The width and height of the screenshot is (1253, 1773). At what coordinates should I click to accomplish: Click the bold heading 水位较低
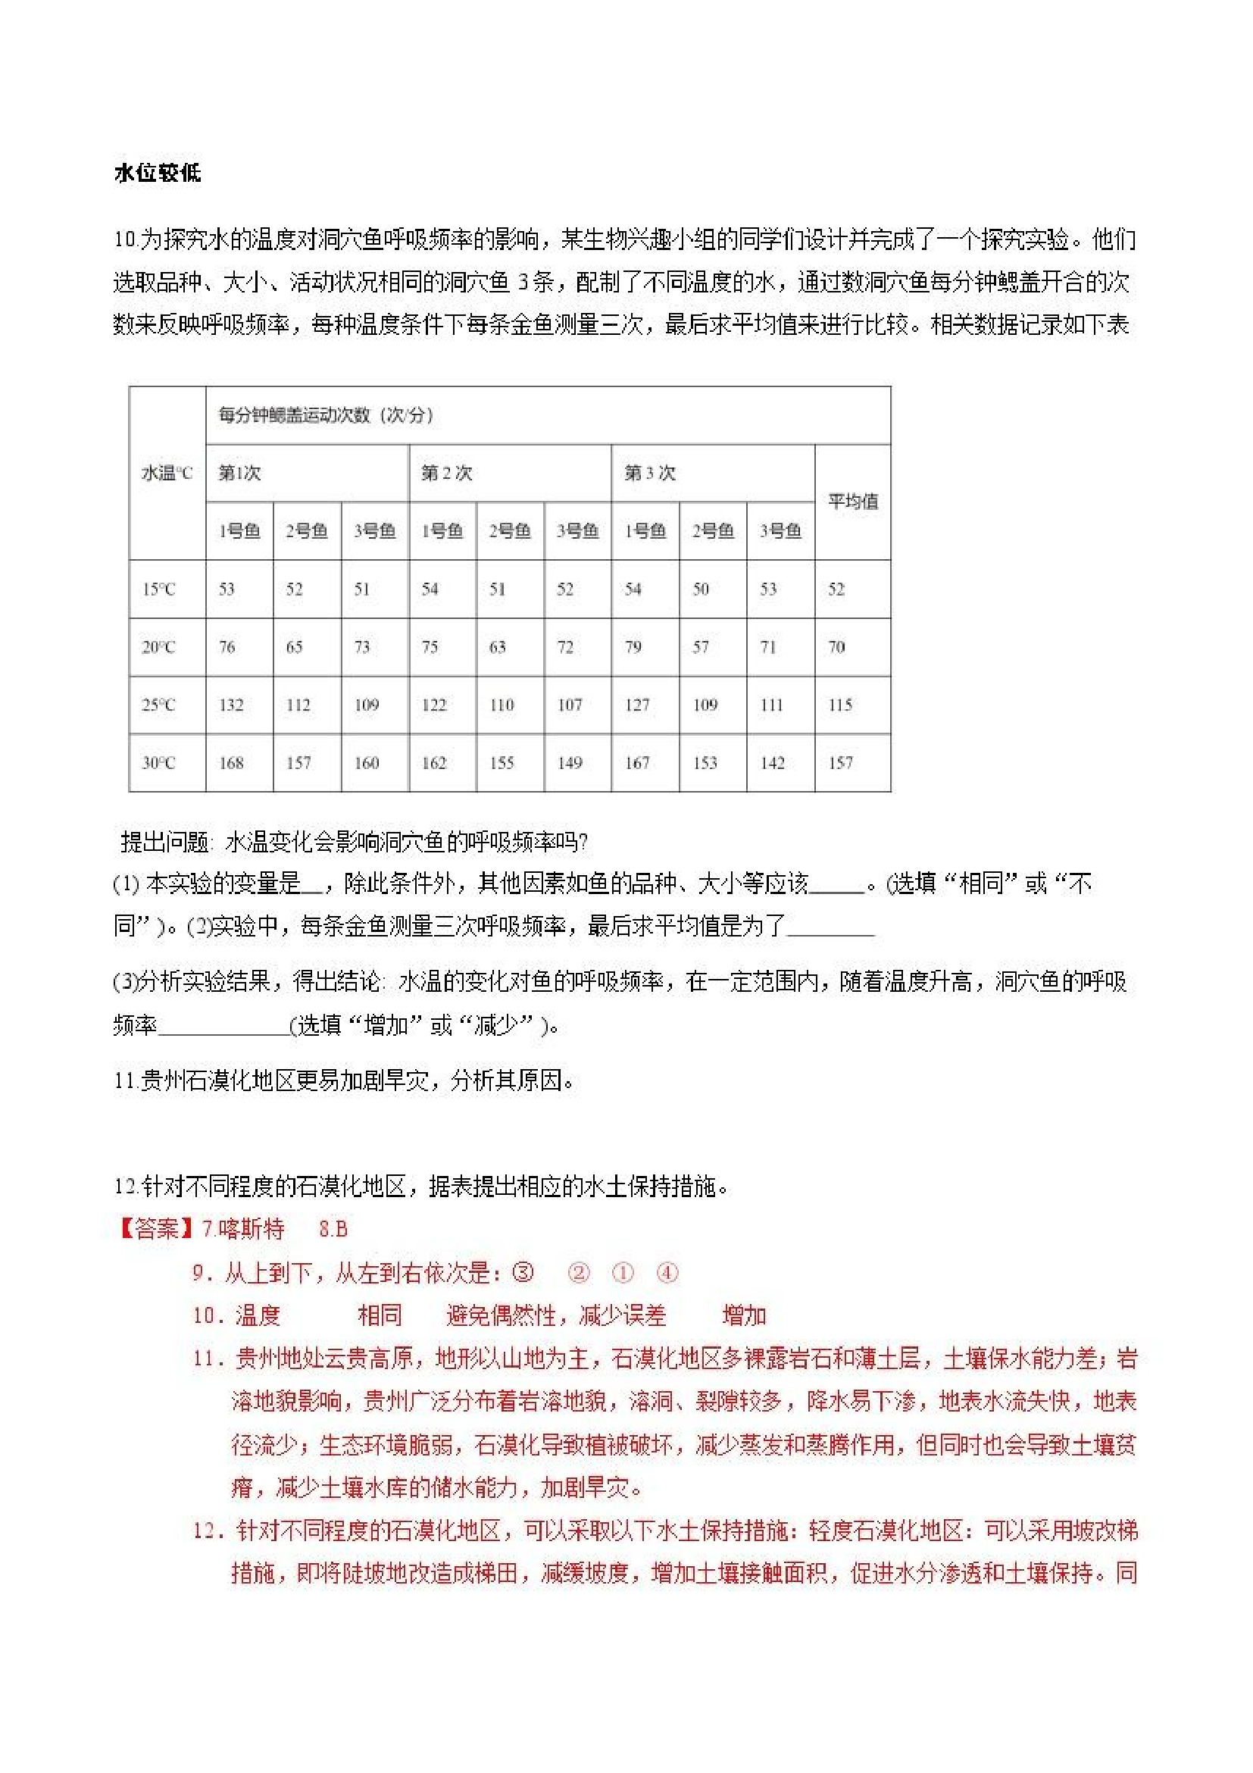point(158,173)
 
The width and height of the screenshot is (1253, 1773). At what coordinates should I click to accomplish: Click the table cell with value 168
point(231,763)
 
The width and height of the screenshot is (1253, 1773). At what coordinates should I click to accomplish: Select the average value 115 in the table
point(840,705)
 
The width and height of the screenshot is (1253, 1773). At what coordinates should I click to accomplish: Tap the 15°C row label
point(159,589)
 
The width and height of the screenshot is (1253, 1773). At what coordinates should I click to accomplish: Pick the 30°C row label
point(159,763)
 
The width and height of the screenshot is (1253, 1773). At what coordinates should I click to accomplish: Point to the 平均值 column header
point(852,502)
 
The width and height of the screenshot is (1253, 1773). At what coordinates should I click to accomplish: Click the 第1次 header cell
point(239,473)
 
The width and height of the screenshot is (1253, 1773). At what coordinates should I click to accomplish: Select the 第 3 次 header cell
point(649,473)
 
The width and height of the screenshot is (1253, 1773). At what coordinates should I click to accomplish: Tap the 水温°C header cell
point(167,473)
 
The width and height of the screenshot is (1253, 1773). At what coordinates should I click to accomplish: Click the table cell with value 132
point(231,705)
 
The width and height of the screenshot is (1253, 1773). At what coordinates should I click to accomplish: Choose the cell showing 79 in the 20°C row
point(633,647)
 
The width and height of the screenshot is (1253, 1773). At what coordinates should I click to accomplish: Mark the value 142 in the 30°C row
point(772,763)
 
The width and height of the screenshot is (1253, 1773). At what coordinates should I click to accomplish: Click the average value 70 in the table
point(837,647)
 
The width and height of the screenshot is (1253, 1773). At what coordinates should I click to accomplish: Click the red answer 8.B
point(333,1228)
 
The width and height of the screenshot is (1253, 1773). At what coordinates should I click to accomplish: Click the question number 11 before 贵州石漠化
point(125,1081)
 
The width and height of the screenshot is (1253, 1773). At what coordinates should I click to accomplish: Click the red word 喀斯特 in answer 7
point(251,1228)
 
